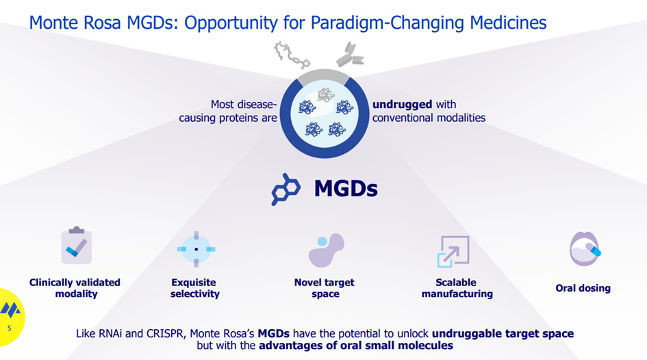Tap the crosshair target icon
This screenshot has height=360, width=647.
point(196,249)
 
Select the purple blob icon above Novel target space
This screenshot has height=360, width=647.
point(326,250)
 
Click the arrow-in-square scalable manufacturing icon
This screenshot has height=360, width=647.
point(453,251)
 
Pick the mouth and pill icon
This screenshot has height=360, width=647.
point(585,248)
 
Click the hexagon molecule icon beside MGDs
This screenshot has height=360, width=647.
point(286,190)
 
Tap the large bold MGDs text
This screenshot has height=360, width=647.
point(346,189)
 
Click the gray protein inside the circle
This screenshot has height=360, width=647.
point(326,95)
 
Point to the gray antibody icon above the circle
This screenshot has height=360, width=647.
point(350,55)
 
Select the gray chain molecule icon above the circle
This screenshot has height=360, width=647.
point(292,55)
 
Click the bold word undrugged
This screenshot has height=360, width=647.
point(403,104)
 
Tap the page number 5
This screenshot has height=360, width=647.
point(10,329)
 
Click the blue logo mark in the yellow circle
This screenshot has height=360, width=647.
point(10,310)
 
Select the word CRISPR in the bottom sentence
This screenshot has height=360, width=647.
point(165,333)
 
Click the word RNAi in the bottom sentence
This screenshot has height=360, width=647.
point(110,333)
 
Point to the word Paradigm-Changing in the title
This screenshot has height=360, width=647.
point(388,23)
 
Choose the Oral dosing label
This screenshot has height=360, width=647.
point(583,288)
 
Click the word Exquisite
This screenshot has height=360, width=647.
point(194,283)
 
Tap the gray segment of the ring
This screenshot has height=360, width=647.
point(324,76)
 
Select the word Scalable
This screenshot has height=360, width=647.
point(456,283)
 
